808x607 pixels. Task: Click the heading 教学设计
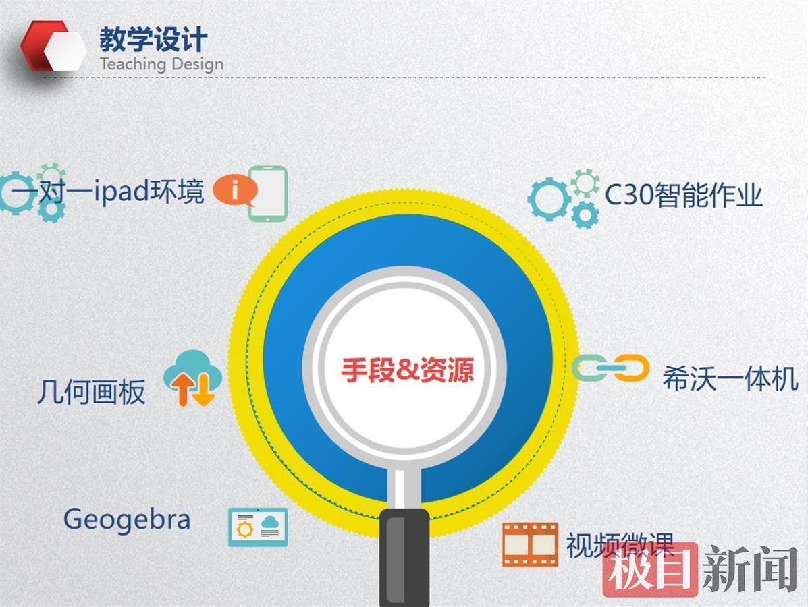click(x=153, y=39)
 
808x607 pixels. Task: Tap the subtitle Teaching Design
click(x=161, y=64)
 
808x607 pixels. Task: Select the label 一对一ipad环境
click(x=108, y=191)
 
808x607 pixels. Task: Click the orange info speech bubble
click(x=235, y=190)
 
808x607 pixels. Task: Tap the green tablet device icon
click(x=267, y=194)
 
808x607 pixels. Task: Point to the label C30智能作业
click(x=683, y=195)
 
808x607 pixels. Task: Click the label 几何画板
click(x=91, y=393)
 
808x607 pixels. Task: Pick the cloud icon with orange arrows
click(x=193, y=378)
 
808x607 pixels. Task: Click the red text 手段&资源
click(x=407, y=370)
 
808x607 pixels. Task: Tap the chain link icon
click(x=611, y=368)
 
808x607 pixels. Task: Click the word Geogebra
click(x=127, y=519)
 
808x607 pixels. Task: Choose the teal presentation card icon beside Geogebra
click(x=258, y=527)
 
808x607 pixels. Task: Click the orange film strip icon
click(x=531, y=544)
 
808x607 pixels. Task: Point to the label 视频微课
click(x=620, y=545)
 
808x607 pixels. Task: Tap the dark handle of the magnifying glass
click(x=404, y=558)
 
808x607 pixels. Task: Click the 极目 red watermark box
click(x=650, y=570)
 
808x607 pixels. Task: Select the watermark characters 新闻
click(x=751, y=569)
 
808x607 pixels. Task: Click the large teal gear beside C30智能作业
click(x=549, y=199)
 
